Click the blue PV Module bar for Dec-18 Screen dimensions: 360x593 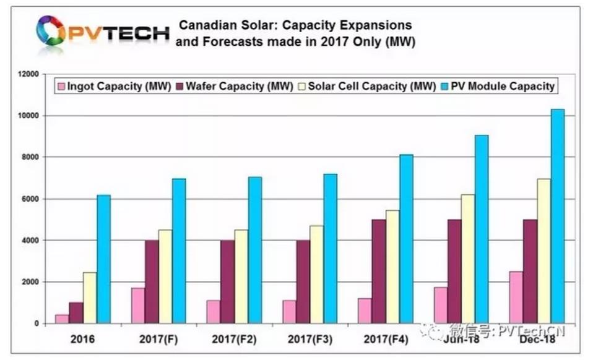coord(558,216)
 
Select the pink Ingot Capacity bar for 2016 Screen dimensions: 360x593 coord(61,319)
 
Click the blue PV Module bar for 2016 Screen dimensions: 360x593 coord(103,259)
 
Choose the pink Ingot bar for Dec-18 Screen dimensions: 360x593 coord(516,297)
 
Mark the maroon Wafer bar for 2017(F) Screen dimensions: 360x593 coord(151,281)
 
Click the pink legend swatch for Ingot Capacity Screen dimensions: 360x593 coord(62,86)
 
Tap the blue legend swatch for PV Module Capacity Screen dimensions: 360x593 coord(444,86)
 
